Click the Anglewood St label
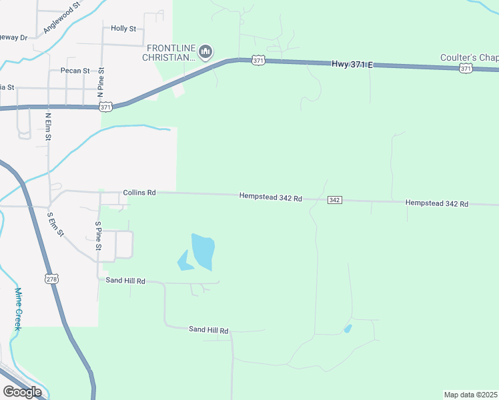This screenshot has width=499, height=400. (x=61, y=17)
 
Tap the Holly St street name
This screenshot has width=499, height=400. (x=123, y=29)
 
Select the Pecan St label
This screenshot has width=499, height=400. (x=75, y=71)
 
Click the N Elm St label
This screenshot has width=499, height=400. (x=48, y=127)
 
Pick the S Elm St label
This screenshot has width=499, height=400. (x=55, y=224)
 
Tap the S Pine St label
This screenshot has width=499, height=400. (x=98, y=236)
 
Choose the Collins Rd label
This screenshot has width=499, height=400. (x=139, y=193)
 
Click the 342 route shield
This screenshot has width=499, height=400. (x=335, y=200)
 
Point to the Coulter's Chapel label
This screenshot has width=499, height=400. (x=469, y=58)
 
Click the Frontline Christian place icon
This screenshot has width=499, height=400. (x=205, y=51)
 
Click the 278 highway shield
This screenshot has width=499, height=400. (x=52, y=279)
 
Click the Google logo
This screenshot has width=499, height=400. (x=22, y=391)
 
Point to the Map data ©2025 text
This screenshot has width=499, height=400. (x=470, y=395)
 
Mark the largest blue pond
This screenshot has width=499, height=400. (x=203, y=251)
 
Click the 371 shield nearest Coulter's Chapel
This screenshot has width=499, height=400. (x=466, y=69)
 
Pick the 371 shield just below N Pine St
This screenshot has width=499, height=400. (x=105, y=106)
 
